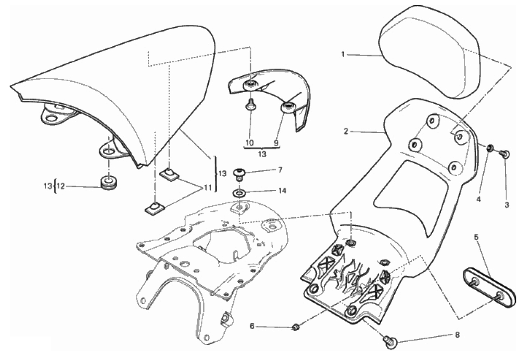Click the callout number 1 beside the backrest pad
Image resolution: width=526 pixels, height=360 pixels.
[x=343, y=55]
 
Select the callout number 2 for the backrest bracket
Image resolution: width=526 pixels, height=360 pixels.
[x=346, y=132]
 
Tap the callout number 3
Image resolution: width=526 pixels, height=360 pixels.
[x=507, y=204]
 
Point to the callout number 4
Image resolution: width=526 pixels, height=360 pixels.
[x=478, y=199]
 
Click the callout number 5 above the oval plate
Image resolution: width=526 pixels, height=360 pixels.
[x=476, y=237]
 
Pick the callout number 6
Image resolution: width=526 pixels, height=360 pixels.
[x=252, y=326]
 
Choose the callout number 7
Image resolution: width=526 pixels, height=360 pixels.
[x=280, y=170]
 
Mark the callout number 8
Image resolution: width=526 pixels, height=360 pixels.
[x=457, y=335]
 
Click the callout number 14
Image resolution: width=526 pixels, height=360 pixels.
[x=282, y=191]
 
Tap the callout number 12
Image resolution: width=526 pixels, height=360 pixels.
[x=60, y=186]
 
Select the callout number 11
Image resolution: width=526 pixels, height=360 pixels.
[x=208, y=188]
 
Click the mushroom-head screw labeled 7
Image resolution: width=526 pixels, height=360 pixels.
[x=239, y=175]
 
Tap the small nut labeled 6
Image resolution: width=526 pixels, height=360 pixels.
[x=295, y=327]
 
